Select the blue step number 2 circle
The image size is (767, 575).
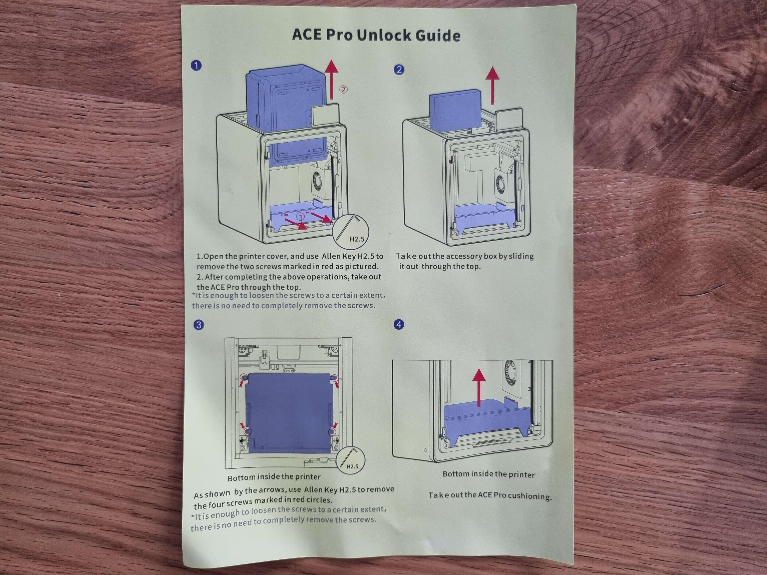[x=399, y=70]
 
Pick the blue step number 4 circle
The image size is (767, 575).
[x=399, y=324]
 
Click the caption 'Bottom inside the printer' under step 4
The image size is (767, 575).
[x=489, y=474]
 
